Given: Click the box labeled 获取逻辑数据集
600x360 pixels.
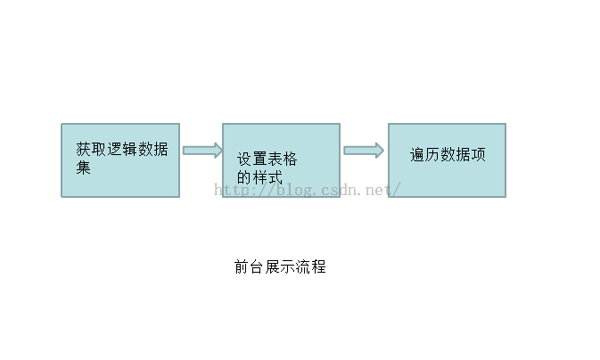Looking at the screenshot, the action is click(x=120, y=160).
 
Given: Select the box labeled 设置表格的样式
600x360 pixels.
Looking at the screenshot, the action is click(x=281, y=160).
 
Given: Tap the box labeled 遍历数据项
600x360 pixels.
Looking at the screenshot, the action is click(x=447, y=160).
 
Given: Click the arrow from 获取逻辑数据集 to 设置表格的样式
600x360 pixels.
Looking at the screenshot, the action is click(x=202, y=151).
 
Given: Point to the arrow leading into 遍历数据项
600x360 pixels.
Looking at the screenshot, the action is click(x=364, y=151).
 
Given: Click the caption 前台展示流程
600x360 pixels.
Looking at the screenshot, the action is click(x=280, y=266).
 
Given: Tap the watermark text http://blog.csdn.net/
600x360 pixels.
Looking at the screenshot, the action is click(x=308, y=190).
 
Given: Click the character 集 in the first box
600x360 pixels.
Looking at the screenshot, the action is click(x=84, y=168).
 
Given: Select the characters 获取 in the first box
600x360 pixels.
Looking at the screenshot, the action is click(x=91, y=149).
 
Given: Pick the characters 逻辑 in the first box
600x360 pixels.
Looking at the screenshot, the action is click(x=122, y=149).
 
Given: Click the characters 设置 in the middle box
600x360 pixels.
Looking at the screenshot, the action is click(x=251, y=160).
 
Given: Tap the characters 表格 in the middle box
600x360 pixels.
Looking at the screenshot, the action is click(x=283, y=160).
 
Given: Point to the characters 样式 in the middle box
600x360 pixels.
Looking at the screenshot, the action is click(x=267, y=177).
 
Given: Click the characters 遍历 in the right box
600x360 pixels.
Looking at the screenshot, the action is click(x=425, y=155).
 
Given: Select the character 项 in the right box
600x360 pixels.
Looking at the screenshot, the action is click(x=479, y=155).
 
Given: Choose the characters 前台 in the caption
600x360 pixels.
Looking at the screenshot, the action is click(x=249, y=266).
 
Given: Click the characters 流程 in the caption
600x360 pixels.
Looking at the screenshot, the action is click(x=311, y=266).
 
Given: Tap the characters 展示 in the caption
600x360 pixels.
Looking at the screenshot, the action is click(x=280, y=266).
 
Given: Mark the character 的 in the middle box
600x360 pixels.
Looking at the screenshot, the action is click(x=244, y=177).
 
